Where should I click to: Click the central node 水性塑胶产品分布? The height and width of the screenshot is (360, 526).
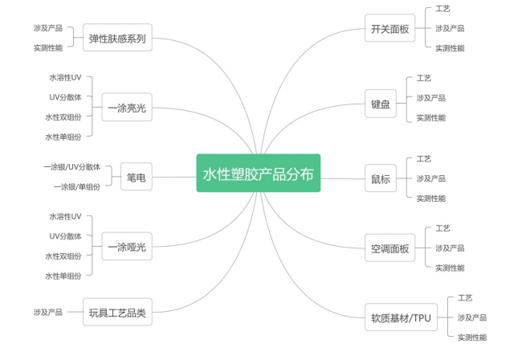pos(258,173)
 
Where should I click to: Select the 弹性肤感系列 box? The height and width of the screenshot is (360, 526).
pos(117,37)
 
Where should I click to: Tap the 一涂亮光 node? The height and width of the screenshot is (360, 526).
pos(127,108)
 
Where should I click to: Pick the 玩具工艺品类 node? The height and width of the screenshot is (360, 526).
pos(117,313)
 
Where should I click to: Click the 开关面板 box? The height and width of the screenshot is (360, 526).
pos(389,31)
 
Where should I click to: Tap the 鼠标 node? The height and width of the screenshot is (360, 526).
pos(381,178)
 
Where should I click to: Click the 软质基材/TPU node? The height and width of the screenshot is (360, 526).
pos(401,317)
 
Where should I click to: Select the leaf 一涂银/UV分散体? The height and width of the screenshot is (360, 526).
pos(72,167)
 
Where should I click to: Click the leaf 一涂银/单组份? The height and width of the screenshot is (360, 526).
pos(77,186)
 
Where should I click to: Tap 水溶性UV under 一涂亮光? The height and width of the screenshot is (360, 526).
pos(65,78)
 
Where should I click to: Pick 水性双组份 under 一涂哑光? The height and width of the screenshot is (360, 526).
pos(63,256)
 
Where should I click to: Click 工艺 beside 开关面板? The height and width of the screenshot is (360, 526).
pos(443,9)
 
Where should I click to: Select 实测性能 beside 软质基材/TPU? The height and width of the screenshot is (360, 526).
pos(472,337)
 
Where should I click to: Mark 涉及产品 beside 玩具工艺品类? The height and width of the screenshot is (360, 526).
pos(48,312)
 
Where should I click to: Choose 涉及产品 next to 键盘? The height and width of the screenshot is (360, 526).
pos(430,98)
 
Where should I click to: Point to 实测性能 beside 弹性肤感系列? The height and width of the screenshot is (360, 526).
pos(48,47)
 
